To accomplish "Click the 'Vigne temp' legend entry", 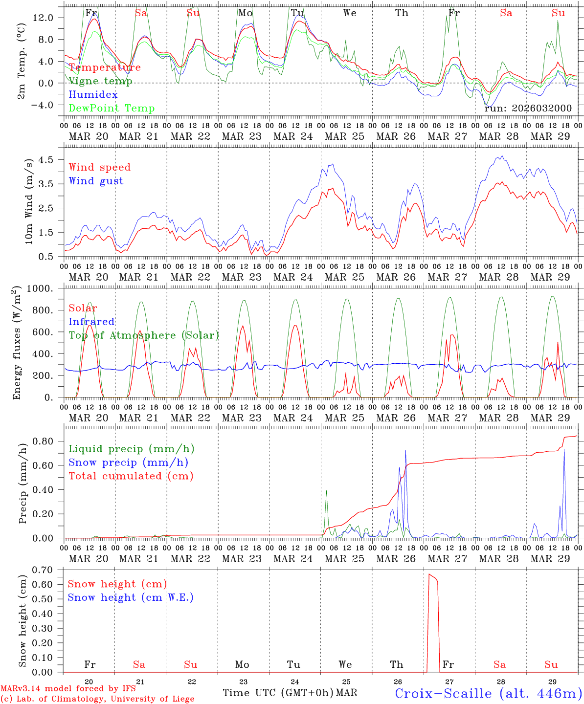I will (100, 81).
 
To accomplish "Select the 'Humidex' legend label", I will (93, 95).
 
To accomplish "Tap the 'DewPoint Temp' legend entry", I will (112, 109).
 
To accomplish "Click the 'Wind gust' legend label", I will (96, 181).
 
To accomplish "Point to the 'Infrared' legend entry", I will (91, 322).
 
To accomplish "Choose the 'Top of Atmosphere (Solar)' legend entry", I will (143, 335).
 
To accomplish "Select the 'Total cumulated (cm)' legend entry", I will (131, 476).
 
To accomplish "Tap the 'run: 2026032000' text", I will (528, 108).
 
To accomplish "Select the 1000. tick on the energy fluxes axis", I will (40, 288).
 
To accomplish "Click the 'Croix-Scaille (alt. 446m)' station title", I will (488, 693).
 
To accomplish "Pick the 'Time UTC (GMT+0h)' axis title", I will (278, 693).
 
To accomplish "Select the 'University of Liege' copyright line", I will (97, 699).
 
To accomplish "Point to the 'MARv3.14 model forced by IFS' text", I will (68, 689).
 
